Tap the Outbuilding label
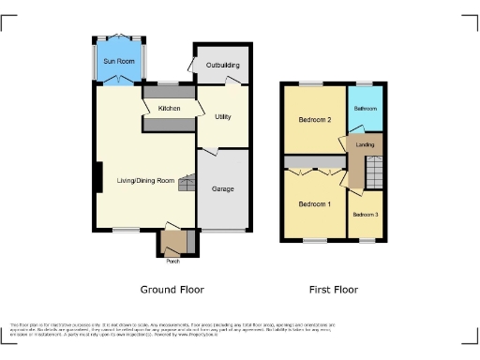pyautogui.click(x=222, y=66)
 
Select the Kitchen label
pyautogui.click(x=169, y=109)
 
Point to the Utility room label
pyautogui.click(x=222, y=117)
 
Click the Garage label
pyautogui.click(x=222, y=188)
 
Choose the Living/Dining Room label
pyautogui.click(x=140, y=180)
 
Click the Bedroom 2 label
pyautogui.click(x=315, y=120)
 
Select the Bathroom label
pyautogui.click(x=365, y=110)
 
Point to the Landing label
pyautogui.click(x=367, y=144)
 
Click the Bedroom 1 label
pyautogui.click(x=314, y=203)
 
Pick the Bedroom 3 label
pyautogui.click(x=366, y=215)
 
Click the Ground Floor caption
pyautogui.click(x=172, y=290)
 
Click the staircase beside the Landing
pyautogui.click(x=373, y=172)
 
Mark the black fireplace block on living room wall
pyautogui.click(x=97, y=178)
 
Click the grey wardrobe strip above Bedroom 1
pyautogui.click(x=313, y=172)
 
